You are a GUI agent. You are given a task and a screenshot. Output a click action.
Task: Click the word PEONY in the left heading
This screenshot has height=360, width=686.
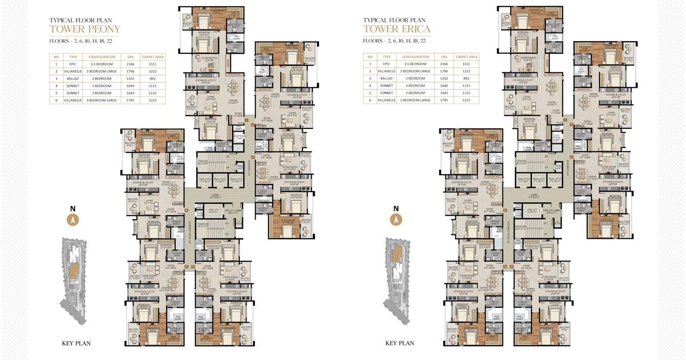pos(102,29)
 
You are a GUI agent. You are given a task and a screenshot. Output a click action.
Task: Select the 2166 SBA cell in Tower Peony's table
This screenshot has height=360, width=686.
pos(130,64)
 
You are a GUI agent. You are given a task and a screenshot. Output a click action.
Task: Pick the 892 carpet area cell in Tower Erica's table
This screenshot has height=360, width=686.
pos(466,79)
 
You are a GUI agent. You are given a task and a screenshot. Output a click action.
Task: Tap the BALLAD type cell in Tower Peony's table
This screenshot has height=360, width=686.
pos(72,79)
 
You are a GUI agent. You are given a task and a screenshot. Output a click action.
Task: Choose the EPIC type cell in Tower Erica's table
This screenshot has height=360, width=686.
pos(387,64)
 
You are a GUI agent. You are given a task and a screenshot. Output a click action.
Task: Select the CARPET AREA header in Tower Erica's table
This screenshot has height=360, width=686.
pos(466,56)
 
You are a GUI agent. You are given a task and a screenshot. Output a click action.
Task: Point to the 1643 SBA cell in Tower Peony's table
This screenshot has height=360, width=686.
pos(130,93)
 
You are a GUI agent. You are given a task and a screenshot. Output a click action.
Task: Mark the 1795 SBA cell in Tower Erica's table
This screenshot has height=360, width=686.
pos(444,100)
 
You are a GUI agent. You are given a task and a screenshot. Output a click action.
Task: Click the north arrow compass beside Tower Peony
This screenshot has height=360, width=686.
pos(73,220)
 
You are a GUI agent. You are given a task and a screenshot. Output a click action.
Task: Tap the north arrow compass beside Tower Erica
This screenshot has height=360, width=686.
pos(395,220)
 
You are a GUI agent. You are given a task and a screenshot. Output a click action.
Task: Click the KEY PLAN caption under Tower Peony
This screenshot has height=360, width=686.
pos(76,343)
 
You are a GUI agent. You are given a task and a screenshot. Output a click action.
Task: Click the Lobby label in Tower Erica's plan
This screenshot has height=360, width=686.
pos(534,196)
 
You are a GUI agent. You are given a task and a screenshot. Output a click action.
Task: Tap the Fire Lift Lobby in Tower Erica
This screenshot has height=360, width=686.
pos(553,211)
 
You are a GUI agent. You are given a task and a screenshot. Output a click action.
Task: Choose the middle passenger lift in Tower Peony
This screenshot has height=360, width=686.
pos(220,180)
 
